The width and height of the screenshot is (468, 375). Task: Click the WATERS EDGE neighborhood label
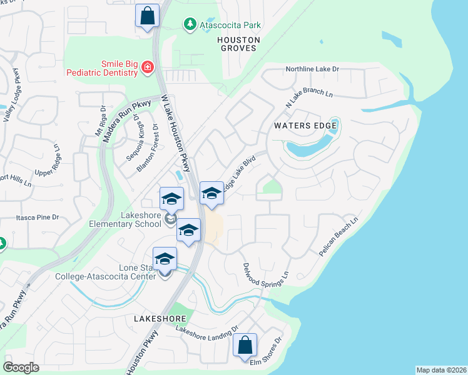305,126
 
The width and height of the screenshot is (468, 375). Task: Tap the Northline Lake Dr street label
312,69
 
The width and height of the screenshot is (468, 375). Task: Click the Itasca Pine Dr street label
38,217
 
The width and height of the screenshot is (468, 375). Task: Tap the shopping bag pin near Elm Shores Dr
245,344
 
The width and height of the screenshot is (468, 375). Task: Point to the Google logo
21,367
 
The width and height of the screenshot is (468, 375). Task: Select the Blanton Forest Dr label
148,148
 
